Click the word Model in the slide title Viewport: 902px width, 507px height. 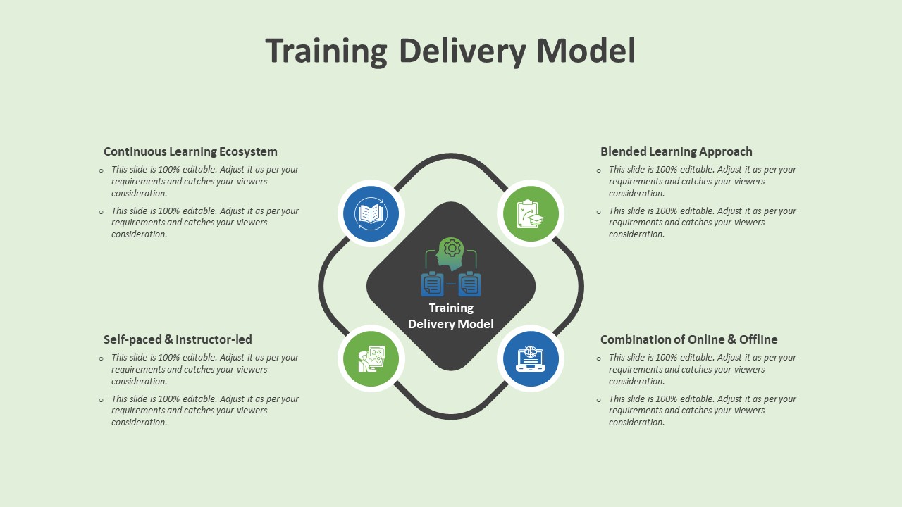coord(586,51)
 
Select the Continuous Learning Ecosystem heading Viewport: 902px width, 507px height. coord(190,151)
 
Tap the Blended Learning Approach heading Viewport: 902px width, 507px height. coord(676,151)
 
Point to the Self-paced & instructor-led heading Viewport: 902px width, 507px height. coord(178,339)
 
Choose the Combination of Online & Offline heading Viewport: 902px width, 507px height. coord(688,339)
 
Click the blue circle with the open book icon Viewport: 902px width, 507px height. coord(371,213)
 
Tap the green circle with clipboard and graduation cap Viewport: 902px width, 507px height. coord(531,213)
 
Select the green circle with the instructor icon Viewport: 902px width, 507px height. coord(371,358)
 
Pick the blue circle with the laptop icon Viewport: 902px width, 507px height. coord(531,358)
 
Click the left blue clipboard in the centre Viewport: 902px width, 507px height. coord(432,284)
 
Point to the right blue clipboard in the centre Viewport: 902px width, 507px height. coord(470,284)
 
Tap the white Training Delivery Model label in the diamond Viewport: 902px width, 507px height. coord(451,315)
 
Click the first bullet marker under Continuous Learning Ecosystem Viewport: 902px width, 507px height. coord(101,170)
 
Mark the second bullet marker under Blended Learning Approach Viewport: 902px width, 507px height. coord(599,211)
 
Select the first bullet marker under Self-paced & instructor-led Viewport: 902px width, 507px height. coord(101,358)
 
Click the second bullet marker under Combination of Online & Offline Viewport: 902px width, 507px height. coord(599,399)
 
